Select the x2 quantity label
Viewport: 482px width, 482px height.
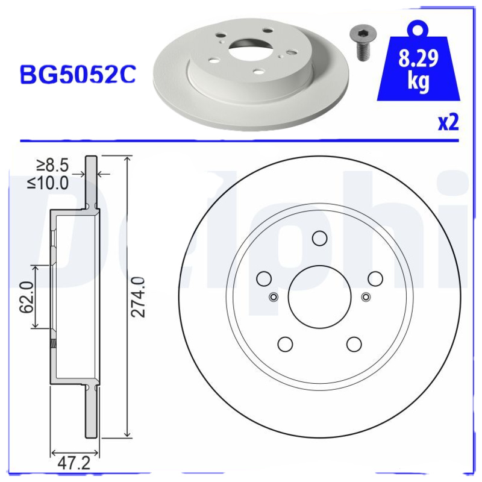tap(448, 122)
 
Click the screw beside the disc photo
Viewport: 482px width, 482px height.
tap(360, 43)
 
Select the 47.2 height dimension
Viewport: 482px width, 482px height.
tap(75, 463)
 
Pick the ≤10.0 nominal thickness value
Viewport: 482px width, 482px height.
tap(48, 183)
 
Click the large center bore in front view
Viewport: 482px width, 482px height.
tap(319, 297)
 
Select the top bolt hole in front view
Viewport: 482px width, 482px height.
tap(319, 238)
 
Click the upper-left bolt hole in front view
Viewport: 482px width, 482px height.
tap(263, 278)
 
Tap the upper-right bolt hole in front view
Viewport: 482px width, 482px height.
tap(375, 278)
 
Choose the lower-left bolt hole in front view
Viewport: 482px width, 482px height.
tap(284, 344)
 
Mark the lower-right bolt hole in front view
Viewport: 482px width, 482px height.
tap(354, 344)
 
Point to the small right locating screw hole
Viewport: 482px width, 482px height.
tap(365, 296)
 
